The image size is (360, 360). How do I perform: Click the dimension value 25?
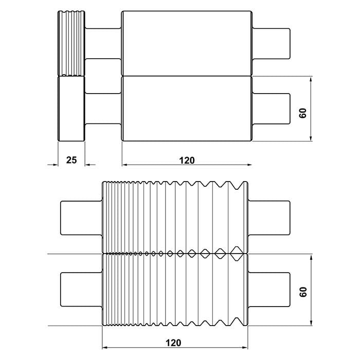71,160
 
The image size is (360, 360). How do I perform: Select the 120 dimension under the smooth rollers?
187,160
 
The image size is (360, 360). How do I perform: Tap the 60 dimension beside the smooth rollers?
303,113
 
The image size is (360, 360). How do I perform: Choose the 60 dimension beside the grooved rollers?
303,291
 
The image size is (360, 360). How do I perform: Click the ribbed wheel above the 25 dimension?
71,43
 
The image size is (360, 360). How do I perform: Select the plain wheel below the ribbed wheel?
71,109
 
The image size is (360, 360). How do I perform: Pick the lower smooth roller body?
187,109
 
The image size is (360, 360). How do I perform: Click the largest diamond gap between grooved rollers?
237,253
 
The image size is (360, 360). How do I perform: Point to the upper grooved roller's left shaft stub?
81,216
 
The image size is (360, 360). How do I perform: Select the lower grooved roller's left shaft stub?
81,289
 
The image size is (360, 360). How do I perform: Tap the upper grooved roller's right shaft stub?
267,216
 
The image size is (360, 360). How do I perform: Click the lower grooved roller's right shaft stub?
267,289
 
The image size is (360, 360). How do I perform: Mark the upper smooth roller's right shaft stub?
272,43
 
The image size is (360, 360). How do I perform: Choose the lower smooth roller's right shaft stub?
272,109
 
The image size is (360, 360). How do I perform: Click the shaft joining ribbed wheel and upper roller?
103,43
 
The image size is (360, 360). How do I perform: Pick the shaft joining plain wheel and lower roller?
103,109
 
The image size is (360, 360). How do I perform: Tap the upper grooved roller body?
175,219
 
